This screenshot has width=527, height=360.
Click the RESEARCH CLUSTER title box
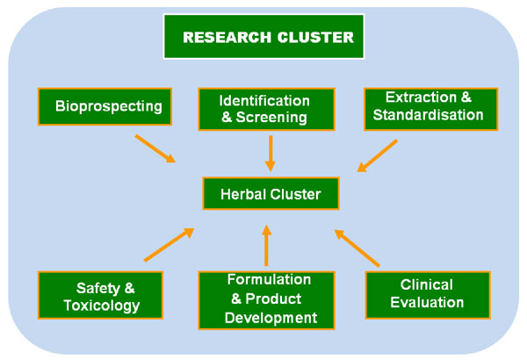click(x=263, y=36)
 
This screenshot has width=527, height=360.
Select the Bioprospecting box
click(x=105, y=106)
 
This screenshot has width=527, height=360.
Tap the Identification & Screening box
click(x=266, y=109)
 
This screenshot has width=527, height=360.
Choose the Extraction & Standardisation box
click(x=431, y=109)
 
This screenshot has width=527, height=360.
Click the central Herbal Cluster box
click(x=271, y=194)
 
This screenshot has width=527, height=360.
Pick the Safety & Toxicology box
click(x=100, y=295)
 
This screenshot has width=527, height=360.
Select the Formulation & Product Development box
click(x=266, y=300)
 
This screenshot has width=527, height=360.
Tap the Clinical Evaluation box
click(x=428, y=295)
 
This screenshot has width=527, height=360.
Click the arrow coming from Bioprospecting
click(x=155, y=148)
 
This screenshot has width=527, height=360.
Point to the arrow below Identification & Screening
click(x=271, y=154)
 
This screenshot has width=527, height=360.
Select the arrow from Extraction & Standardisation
click(x=377, y=156)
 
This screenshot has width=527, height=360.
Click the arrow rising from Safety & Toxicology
click(x=169, y=245)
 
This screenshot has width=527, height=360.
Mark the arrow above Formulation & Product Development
click(x=266, y=245)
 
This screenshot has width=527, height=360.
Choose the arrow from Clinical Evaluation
click(x=357, y=248)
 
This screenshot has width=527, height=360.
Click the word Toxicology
click(x=102, y=306)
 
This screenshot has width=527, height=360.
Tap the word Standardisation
click(x=429, y=115)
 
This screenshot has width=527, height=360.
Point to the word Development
click(x=271, y=318)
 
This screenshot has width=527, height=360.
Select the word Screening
click(x=271, y=118)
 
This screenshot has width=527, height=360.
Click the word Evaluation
click(x=427, y=303)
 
